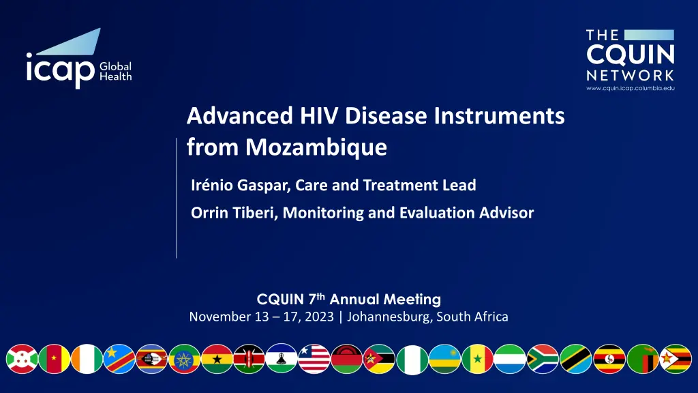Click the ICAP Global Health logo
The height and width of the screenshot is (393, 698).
point(79,59)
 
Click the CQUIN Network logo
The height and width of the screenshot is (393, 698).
point(630,60)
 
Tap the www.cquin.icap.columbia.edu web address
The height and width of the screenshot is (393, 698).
point(631,88)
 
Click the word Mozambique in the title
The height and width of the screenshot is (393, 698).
point(316,147)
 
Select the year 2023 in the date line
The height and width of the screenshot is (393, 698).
point(319,317)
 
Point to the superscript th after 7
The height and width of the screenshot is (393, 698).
point(320,295)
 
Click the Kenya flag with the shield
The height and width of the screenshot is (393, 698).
point(249,359)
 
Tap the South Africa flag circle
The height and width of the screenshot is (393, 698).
point(542,359)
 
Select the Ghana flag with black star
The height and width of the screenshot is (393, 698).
point(217,359)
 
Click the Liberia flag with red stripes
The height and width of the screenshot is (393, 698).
point(314,359)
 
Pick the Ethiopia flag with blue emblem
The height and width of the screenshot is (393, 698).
point(184,359)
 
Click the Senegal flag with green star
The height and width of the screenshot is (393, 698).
point(477,359)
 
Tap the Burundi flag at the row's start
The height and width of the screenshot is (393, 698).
point(22,359)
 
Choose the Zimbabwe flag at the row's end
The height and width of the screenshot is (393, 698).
point(676,359)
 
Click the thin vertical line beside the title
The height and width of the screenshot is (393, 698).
point(177,198)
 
